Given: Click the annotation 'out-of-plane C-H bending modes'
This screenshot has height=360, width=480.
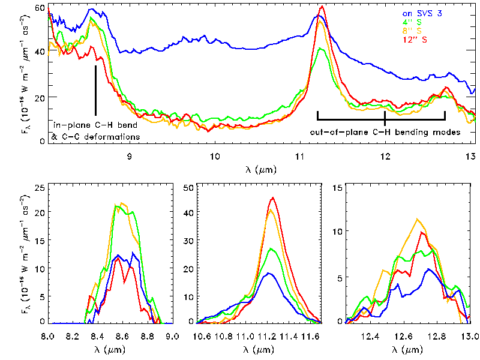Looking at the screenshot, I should point(385,131).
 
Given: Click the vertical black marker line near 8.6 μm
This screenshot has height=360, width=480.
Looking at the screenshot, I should point(96,90).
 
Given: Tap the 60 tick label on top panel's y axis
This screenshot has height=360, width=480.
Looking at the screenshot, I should point(40,8).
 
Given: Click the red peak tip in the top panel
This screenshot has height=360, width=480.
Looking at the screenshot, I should point(323,7).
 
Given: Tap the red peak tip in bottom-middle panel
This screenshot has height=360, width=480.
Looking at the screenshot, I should point(273,198).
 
